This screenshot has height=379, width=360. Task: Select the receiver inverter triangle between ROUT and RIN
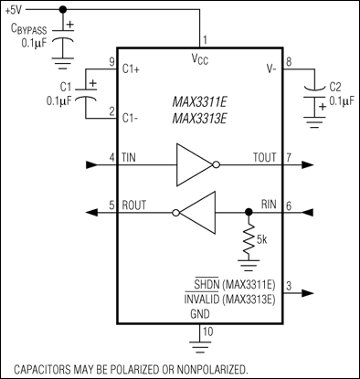point(196,212)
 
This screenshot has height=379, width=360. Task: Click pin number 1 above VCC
point(204,40)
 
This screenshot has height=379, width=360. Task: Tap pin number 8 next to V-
point(289,62)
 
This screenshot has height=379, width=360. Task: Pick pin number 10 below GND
point(206,331)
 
